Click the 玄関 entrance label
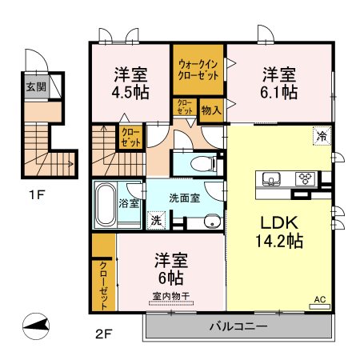click(36, 86)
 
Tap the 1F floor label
click(36, 195)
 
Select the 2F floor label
click(103, 334)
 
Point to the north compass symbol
click(36, 326)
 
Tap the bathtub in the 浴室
click(106, 205)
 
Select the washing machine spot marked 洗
click(156, 220)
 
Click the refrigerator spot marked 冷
click(322, 136)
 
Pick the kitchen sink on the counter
click(271, 178)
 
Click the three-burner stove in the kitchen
click(305, 178)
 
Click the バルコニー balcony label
click(238, 326)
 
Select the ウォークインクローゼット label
click(198, 70)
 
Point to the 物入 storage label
click(211, 110)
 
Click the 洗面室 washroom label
click(185, 198)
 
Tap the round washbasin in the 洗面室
click(212, 222)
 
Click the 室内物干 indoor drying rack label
click(171, 296)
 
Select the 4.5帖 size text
click(130, 92)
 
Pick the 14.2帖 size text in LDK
click(279, 241)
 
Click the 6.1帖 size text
click(279, 92)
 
